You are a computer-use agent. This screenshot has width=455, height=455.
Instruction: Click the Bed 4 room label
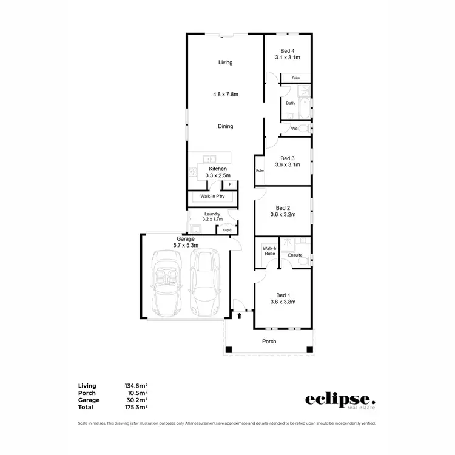click(x=287, y=50)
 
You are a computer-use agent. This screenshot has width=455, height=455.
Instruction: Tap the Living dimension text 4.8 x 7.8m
click(x=225, y=94)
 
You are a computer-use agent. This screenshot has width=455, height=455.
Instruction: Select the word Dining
click(x=225, y=126)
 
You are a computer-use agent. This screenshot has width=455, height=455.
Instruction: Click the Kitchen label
click(x=218, y=169)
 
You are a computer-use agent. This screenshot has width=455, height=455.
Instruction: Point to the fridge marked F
click(x=230, y=185)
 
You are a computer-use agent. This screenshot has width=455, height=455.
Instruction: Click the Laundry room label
click(x=212, y=214)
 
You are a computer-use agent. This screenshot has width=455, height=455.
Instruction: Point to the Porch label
click(x=269, y=342)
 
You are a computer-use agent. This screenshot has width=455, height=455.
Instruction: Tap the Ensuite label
click(x=295, y=255)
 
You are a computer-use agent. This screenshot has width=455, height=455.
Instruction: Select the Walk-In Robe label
click(x=269, y=251)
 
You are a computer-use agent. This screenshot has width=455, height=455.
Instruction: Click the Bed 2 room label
click(x=283, y=207)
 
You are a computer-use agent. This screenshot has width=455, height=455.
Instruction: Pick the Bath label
click(x=291, y=103)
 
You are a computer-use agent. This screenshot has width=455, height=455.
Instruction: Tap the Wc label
click(x=294, y=129)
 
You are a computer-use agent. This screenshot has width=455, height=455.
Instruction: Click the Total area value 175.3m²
click(x=135, y=407)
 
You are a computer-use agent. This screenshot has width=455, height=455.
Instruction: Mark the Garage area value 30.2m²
click(x=135, y=400)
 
